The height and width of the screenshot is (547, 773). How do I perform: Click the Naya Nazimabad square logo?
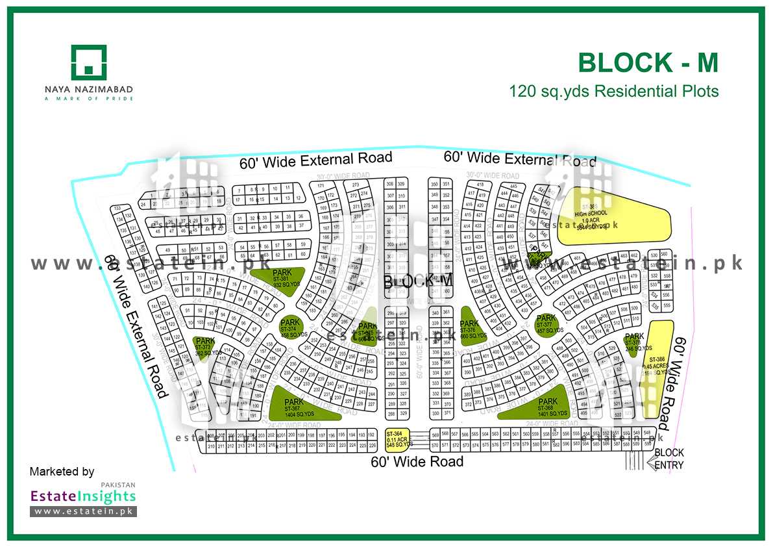[89, 62]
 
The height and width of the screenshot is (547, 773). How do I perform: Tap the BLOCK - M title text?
[648, 63]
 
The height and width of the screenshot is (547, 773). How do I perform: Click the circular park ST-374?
[290, 327]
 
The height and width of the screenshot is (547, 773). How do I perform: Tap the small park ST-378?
[633, 340]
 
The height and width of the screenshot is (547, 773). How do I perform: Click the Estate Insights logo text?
[83, 496]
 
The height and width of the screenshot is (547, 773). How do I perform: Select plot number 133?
[117, 208]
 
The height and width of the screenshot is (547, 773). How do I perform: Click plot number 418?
[480, 185]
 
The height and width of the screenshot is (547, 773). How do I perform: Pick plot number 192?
[371, 434]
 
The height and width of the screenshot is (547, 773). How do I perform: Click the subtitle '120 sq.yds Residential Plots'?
[614, 91]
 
